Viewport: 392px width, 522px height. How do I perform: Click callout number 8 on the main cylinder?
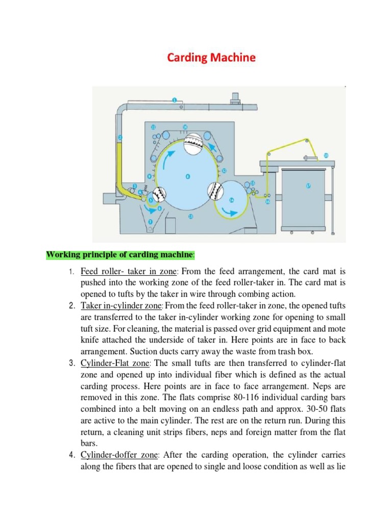tap(187, 177)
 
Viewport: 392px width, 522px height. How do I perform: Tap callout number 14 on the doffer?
tap(232, 200)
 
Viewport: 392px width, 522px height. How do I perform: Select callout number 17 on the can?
tap(308, 186)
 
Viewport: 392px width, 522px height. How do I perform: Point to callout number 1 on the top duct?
tap(175, 100)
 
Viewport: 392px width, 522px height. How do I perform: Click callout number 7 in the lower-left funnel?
tap(151, 222)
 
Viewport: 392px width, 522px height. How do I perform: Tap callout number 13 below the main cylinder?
tap(191, 216)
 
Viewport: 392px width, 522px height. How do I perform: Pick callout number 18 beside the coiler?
tap(326, 155)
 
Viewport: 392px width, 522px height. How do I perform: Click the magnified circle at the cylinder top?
tap(194, 145)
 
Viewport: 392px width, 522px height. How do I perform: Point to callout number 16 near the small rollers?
tap(267, 202)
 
